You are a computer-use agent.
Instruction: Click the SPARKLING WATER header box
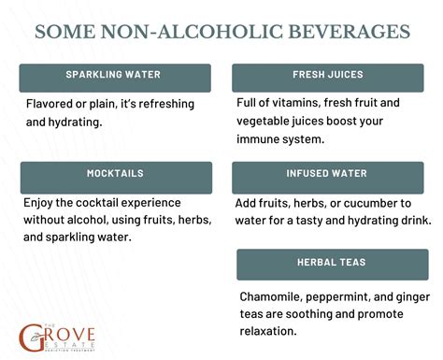(x=115, y=76)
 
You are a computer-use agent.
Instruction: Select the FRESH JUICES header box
(x=329, y=76)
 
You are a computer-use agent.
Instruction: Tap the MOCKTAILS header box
(x=115, y=175)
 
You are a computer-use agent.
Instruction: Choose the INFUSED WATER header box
(x=329, y=175)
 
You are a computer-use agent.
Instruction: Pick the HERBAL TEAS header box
(x=332, y=265)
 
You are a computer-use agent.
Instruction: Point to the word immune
(x=264, y=138)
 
